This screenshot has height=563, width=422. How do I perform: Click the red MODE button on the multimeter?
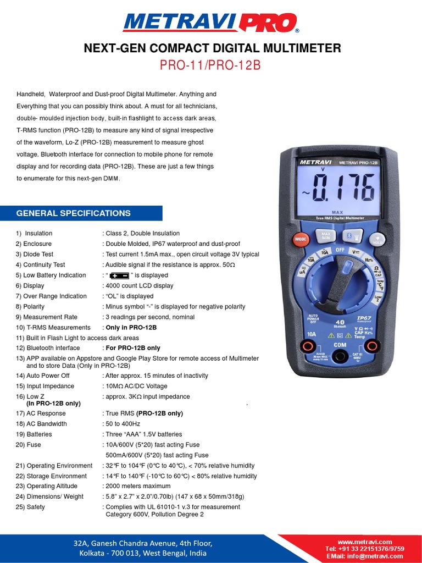point(300,239)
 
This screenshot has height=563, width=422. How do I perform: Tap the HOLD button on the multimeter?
point(377,240)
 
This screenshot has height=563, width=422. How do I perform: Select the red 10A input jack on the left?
point(309,346)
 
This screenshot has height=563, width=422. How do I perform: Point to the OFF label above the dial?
point(340,250)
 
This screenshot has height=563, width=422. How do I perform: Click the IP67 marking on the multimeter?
point(365,318)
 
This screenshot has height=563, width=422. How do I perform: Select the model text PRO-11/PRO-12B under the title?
point(210,65)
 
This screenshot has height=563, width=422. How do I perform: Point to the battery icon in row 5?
point(119,275)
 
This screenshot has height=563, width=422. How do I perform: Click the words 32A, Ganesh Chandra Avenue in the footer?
point(143,543)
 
